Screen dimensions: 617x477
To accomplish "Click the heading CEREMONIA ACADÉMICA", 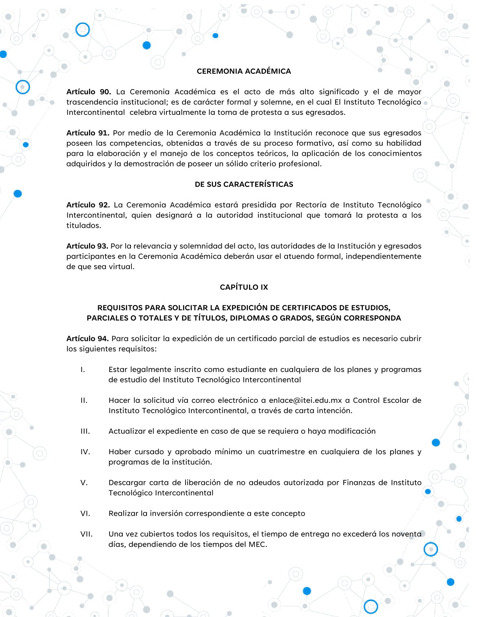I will click(244, 71).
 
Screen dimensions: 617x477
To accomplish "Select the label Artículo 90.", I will click(88, 92).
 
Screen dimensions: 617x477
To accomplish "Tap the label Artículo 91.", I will click(88, 133).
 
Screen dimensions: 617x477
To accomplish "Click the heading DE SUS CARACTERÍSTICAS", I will click(244, 184).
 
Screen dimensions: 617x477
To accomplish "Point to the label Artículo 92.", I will click(88, 205).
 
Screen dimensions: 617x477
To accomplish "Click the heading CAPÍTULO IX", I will click(244, 287).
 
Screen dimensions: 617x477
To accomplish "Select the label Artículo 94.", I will click(87, 338).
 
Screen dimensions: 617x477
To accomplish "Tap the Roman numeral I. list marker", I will click(83, 369).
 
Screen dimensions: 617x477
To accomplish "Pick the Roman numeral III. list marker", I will click(85, 431).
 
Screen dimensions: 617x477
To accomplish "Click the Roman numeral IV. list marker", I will click(85, 452).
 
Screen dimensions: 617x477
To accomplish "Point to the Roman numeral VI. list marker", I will click(85, 513).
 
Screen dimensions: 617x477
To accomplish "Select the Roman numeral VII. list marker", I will click(87, 534).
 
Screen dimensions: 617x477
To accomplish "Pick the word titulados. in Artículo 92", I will click(83, 226).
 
